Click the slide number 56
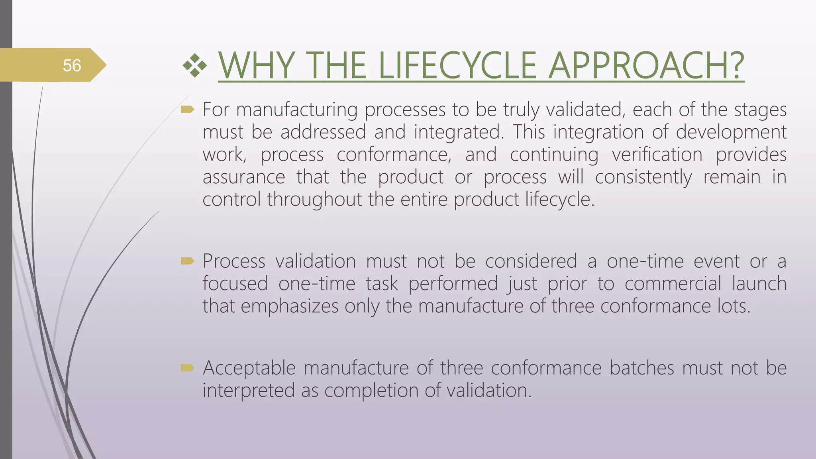72,65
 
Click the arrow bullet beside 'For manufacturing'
187,109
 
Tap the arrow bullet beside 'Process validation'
187,261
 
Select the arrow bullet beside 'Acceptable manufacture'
187,367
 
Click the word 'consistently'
643,177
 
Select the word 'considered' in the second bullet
531,261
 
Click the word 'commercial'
673,284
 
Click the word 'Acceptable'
249,368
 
